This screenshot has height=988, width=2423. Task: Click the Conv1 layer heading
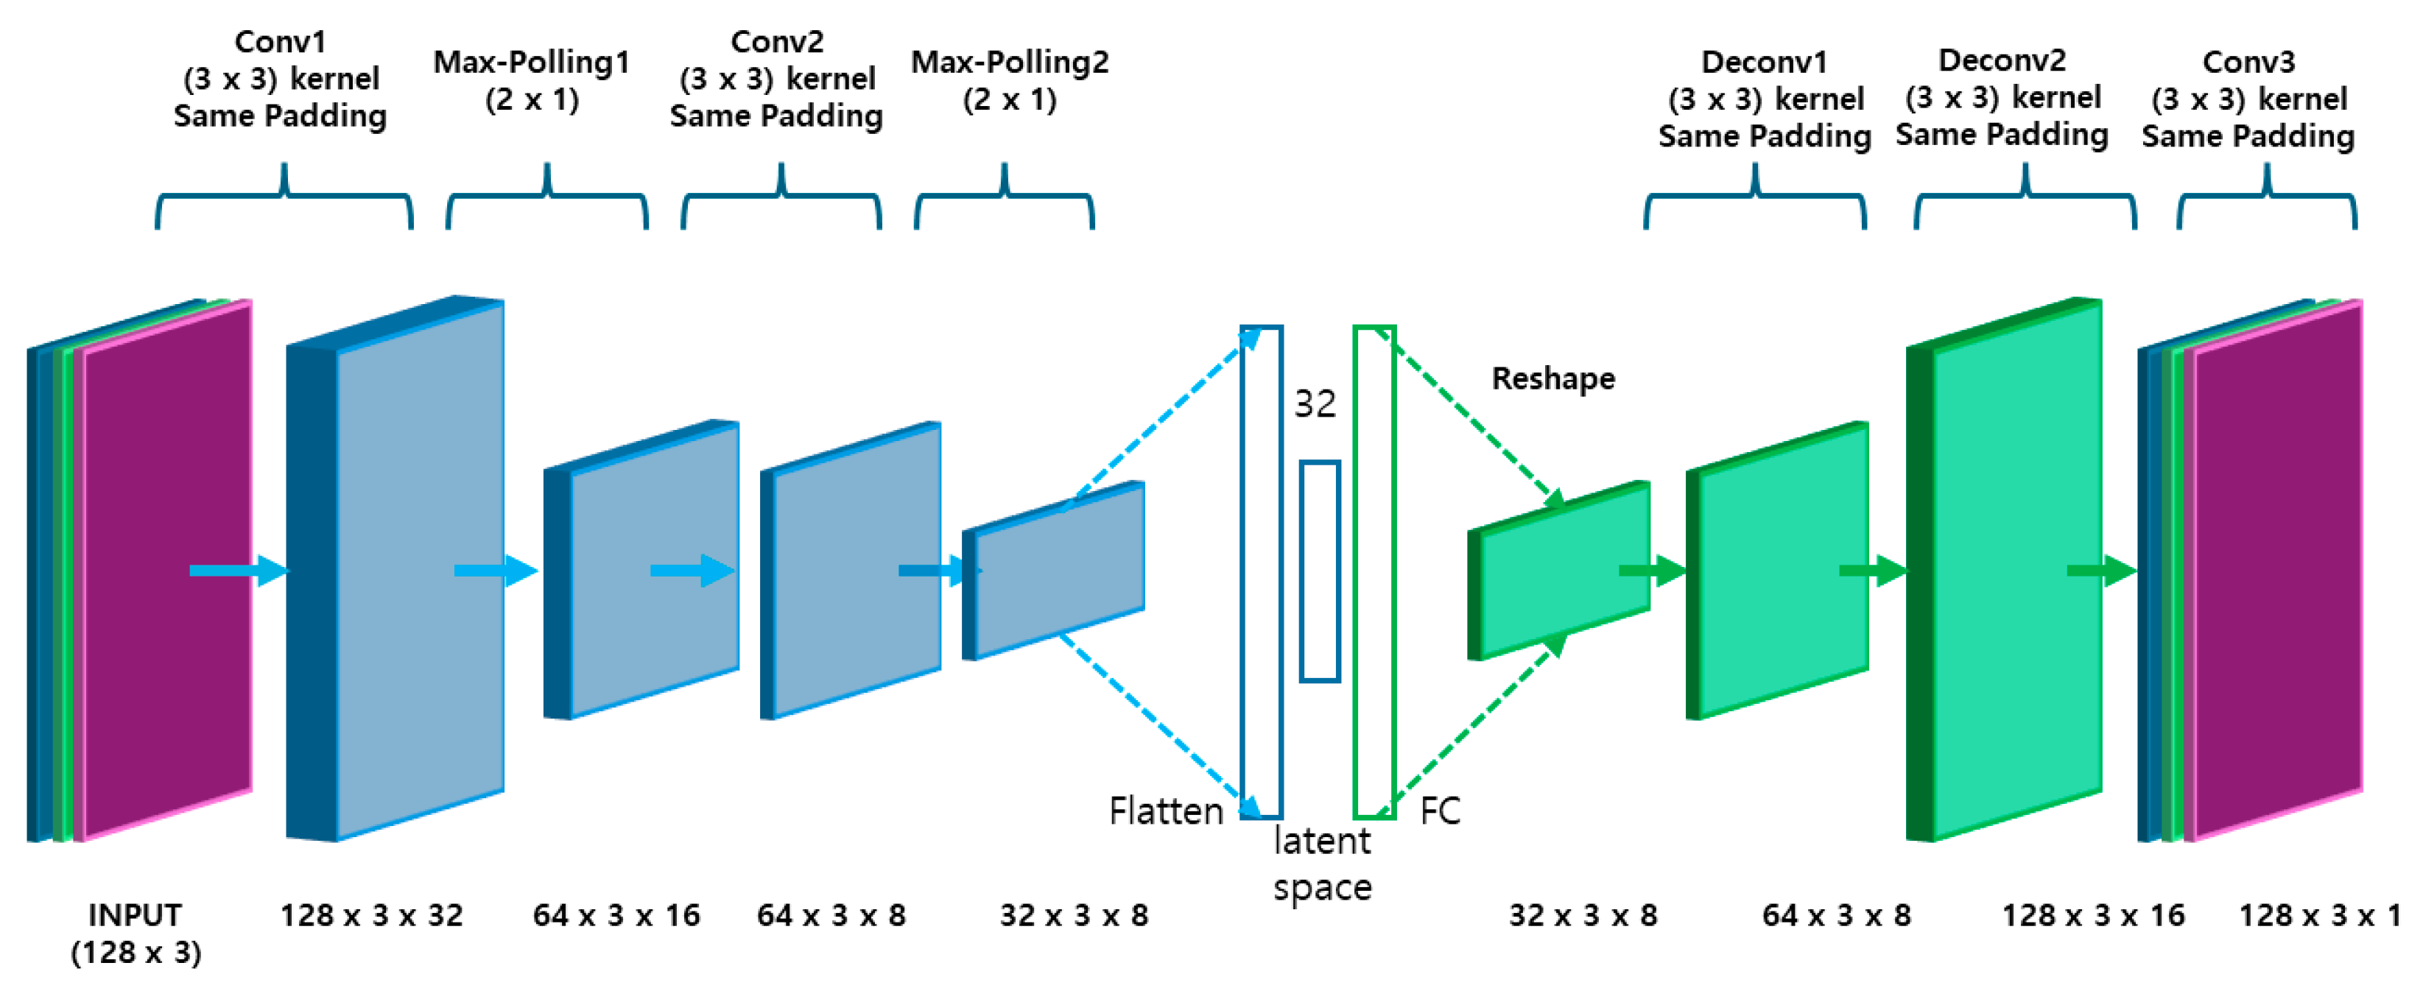pyautogui.click(x=281, y=42)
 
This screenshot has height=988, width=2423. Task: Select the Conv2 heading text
pyautogui.click(x=777, y=42)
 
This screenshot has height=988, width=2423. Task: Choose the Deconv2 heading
pyautogui.click(x=2002, y=61)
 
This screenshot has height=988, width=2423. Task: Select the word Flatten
pyautogui.click(x=1165, y=811)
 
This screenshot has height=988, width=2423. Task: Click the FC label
pyautogui.click(x=1439, y=811)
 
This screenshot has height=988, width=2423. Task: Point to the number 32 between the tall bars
pyautogui.click(x=1315, y=404)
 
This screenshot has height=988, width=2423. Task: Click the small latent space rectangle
pyautogui.click(x=1320, y=571)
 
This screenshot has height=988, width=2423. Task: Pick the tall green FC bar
pyautogui.click(x=1374, y=571)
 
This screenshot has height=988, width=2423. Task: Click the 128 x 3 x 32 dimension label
pyautogui.click(x=371, y=914)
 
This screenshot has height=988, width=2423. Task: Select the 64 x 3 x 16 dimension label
pyautogui.click(x=616, y=914)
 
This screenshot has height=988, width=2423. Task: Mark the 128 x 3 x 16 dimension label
pyautogui.click(x=2093, y=914)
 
